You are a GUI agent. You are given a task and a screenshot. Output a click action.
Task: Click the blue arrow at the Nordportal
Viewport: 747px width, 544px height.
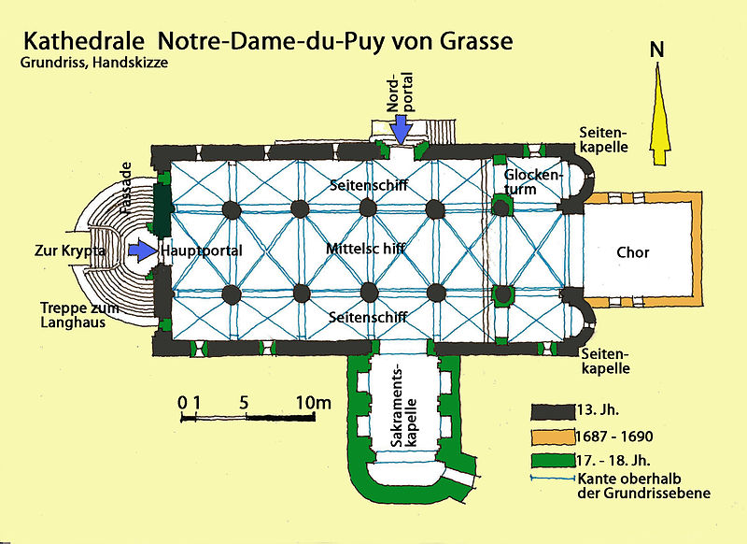pyautogui.click(x=401, y=127)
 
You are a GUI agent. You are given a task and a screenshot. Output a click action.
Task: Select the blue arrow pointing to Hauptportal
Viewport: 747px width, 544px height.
pyautogui.click(x=142, y=251)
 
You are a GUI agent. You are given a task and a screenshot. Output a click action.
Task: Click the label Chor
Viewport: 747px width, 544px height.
pyautogui.click(x=632, y=252)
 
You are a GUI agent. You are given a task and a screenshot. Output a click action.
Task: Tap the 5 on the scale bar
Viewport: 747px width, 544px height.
pyautogui.click(x=243, y=403)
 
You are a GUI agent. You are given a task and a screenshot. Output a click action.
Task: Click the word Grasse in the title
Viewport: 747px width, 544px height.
pyautogui.click(x=464, y=42)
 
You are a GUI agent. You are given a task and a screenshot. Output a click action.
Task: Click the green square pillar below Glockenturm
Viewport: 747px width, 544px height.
pyautogui.click(x=503, y=294)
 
